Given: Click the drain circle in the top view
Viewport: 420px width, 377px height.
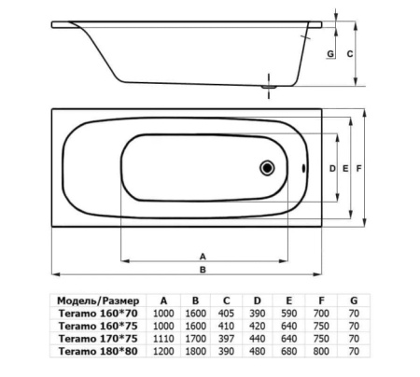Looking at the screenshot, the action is [267, 168].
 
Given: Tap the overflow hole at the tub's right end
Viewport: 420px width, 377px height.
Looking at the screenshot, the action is [303, 168].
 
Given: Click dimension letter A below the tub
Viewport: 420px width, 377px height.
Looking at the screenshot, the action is [203, 257].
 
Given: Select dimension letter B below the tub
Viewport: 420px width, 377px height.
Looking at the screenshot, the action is [203, 270].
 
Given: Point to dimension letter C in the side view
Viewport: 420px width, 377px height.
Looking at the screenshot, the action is [350, 54].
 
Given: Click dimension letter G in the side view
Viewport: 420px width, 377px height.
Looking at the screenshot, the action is [330, 54].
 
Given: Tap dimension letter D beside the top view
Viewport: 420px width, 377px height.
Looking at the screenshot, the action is [332, 168].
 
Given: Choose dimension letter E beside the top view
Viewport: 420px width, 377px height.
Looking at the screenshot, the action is [345, 168].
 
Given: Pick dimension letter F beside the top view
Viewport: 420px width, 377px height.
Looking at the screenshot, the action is [358, 168].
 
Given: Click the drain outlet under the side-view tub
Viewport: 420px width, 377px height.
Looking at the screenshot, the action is [269, 87].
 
